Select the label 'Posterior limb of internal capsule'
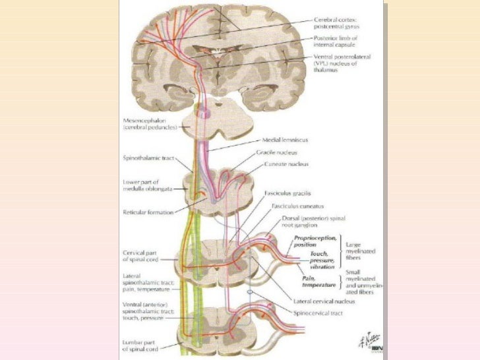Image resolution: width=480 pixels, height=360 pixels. pos(342,42)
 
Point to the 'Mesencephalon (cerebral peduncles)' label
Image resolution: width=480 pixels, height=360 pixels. pos(148,124)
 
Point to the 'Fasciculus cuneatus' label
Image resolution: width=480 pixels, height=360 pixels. pos(291,206)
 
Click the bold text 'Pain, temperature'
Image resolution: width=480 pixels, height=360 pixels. pos(315,282)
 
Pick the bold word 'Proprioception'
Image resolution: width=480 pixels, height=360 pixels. pos(316,237)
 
